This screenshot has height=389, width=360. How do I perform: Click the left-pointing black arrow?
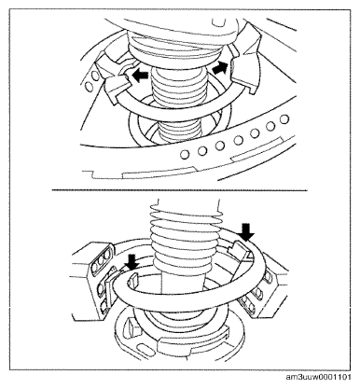[x=139, y=76]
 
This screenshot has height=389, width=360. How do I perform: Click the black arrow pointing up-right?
[x=221, y=67]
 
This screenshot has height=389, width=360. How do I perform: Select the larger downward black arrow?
[x=248, y=232]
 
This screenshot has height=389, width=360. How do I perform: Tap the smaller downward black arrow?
[x=133, y=261]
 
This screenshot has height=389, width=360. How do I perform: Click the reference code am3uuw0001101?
[x=319, y=378]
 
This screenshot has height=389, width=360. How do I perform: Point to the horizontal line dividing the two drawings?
[x=179, y=190]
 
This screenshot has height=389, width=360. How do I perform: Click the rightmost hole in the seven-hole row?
[x=284, y=118]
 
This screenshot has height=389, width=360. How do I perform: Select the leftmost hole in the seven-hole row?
[x=185, y=153]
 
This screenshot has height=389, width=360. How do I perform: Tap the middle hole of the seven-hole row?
[x=238, y=140]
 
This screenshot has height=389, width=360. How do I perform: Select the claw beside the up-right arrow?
[x=245, y=65]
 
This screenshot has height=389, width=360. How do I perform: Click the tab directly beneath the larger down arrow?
[x=241, y=248]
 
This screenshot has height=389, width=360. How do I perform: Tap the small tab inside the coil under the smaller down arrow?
[x=133, y=280]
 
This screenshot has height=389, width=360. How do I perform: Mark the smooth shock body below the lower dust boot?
[x=183, y=283]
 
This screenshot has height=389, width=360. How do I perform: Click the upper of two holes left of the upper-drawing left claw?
[x=96, y=76]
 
